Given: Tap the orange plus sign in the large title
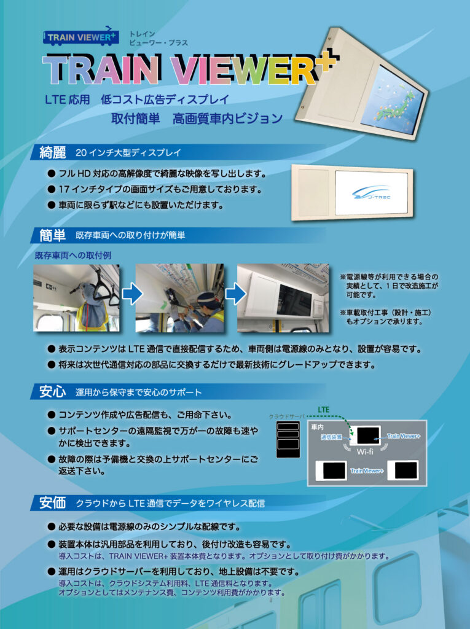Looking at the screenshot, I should click(327, 60).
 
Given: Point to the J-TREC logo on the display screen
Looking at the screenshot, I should click(371, 193).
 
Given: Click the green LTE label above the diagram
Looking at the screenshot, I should click(324, 409).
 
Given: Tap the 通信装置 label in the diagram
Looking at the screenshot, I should click(332, 437).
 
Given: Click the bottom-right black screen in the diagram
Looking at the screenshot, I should click(406, 470).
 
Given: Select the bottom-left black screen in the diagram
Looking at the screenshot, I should click(331, 471).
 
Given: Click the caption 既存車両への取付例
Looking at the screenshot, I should click(73, 254).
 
